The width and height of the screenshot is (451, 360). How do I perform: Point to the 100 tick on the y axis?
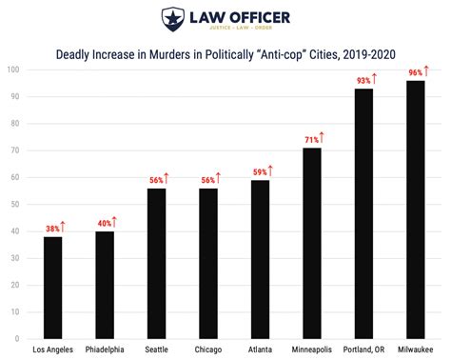pos(13,70)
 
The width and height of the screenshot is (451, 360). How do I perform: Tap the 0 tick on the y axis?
pos(18,338)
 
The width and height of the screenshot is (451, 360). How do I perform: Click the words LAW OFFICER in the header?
pos(238,16)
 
